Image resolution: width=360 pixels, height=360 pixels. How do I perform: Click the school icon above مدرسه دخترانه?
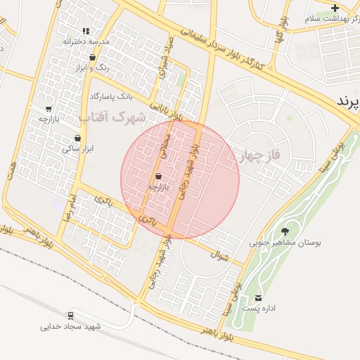86,32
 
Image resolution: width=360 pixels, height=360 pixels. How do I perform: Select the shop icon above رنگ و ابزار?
93,58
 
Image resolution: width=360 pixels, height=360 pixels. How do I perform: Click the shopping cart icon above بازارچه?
48,109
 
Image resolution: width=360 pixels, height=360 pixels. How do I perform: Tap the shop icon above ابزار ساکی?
77,138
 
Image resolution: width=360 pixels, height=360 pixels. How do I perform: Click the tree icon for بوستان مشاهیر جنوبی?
285,231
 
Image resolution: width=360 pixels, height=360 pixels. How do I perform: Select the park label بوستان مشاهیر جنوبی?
285,243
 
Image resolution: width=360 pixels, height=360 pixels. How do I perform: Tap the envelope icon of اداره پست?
258,298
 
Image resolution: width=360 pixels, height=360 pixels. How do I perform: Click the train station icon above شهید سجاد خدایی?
70,316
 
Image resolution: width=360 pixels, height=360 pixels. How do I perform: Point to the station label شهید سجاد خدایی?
70,327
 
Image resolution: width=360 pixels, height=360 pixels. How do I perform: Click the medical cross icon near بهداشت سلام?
335,8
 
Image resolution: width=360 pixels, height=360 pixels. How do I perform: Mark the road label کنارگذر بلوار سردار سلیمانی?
221,48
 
